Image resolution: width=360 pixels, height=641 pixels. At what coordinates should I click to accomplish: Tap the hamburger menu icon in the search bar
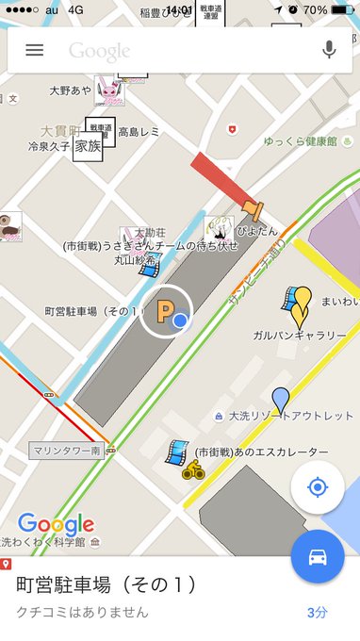click(35, 50)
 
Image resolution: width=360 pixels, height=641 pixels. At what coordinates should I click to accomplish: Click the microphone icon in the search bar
click(329, 50)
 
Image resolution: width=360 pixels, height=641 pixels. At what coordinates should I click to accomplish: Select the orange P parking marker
click(165, 310)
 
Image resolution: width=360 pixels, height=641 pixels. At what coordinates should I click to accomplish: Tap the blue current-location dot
click(181, 322)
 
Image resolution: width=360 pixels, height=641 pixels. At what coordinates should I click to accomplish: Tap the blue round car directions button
click(318, 557)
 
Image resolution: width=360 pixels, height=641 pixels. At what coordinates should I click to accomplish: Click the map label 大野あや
click(71, 90)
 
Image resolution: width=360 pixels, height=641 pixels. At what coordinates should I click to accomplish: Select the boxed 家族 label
click(88, 147)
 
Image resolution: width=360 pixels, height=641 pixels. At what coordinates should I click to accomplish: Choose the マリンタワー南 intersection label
click(65, 451)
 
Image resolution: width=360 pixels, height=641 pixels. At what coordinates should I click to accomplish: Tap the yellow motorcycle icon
click(193, 468)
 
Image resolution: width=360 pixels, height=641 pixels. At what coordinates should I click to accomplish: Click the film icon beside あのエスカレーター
click(176, 452)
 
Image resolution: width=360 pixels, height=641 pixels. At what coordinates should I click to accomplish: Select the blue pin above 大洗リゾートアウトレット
click(280, 399)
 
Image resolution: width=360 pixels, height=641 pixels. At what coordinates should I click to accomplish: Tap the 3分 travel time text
click(318, 612)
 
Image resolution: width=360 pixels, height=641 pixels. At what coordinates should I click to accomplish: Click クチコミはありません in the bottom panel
click(83, 612)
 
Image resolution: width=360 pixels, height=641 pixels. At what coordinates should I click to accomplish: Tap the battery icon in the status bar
click(342, 10)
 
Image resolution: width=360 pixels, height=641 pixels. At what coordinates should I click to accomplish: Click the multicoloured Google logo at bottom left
click(56, 524)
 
